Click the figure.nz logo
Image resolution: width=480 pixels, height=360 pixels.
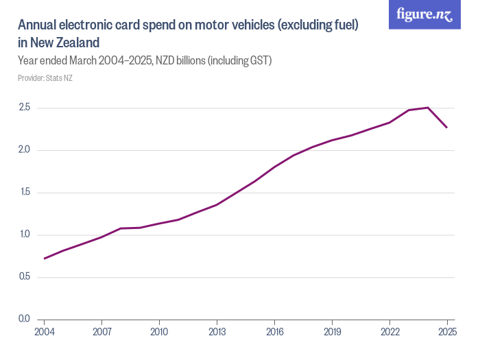424,15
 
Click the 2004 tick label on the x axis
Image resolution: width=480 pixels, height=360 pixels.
44,331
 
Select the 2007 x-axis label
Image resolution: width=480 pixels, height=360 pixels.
101,331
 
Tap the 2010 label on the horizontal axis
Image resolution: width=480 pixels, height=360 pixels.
159,331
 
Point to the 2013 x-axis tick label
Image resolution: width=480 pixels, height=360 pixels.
217,331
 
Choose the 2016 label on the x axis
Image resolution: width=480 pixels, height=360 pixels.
274,331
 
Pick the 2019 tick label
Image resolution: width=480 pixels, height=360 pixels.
332,331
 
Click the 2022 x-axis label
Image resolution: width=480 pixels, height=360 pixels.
389,331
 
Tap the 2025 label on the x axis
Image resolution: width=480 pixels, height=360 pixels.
446,331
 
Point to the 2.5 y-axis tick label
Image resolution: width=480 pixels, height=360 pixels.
25,108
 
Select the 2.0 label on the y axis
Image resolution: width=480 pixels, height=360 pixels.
25,150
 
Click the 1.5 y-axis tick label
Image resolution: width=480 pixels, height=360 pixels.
25,192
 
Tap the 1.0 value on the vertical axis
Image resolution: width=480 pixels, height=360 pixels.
25,235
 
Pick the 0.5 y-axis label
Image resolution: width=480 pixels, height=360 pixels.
25,277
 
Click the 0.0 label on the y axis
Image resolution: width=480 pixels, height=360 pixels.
25,319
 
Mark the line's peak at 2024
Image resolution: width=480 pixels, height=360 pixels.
428,108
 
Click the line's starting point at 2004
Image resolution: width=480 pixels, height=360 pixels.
44,259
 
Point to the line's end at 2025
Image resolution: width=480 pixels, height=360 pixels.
447,128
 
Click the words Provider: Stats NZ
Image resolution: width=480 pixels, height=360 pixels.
45,78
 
